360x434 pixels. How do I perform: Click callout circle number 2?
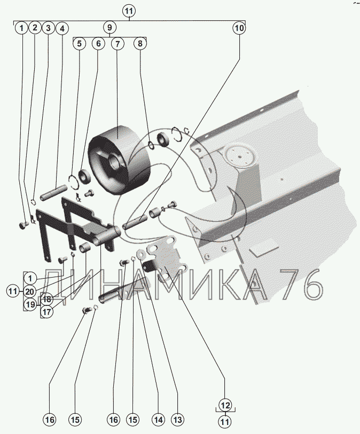tap(35, 28)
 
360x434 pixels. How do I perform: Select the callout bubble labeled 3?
tap(48, 28)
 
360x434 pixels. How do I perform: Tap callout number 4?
tap(62, 28)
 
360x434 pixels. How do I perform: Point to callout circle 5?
tap(80, 43)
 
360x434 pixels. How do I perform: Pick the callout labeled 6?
tap(99, 43)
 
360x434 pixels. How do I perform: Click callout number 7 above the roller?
tap(118, 44)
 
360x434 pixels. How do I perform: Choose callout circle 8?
tap(140, 43)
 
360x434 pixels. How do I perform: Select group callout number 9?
tap(109, 28)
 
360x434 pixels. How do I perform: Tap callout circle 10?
tap(239, 28)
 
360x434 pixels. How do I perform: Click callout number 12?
tap(225, 405)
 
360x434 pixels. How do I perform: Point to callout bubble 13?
tap(177, 420)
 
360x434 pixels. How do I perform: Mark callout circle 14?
tap(158, 420)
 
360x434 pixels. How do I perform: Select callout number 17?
tap(47, 312)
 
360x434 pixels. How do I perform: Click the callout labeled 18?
tap(48, 299)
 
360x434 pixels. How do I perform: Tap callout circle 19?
tap(30, 304)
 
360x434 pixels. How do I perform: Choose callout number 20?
tap(30, 291)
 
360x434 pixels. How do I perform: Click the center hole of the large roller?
tap(114, 161)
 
